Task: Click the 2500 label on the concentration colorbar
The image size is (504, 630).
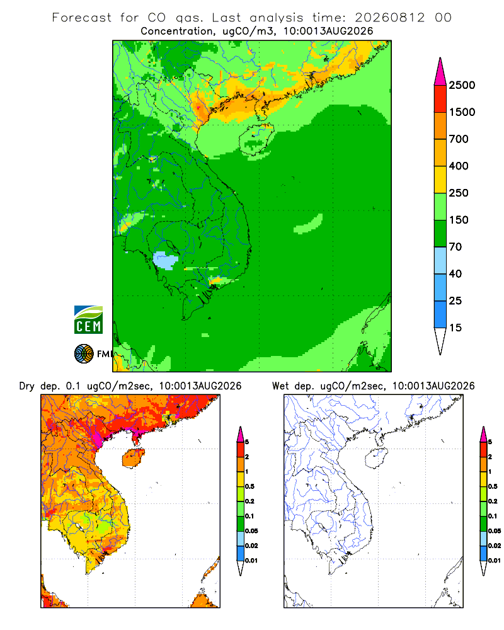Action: tap(462, 85)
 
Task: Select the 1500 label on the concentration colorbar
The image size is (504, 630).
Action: tap(462, 112)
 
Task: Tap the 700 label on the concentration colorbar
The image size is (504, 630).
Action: tap(459, 139)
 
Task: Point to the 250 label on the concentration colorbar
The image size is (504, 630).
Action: tap(459, 193)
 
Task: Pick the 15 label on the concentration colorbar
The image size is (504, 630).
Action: tap(455, 328)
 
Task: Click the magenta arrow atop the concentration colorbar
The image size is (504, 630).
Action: tap(440, 72)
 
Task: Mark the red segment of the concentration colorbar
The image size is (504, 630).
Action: tap(440, 99)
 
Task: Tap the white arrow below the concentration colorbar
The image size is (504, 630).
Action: tap(440, 341)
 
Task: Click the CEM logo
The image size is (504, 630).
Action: tap(88, 320)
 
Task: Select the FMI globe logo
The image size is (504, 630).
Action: tap(84, 354)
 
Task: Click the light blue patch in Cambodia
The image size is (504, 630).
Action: tap(166, 260)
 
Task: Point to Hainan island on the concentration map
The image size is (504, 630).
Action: tap(256, 139)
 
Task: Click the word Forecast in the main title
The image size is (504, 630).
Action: tap(82, 18)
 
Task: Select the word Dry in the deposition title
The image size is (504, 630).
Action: tap(27, 386)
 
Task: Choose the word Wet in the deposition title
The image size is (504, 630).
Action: tap(280, 386)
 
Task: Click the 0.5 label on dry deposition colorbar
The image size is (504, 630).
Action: tap(249, 486)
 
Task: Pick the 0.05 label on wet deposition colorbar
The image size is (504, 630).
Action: tap(495, 530)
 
